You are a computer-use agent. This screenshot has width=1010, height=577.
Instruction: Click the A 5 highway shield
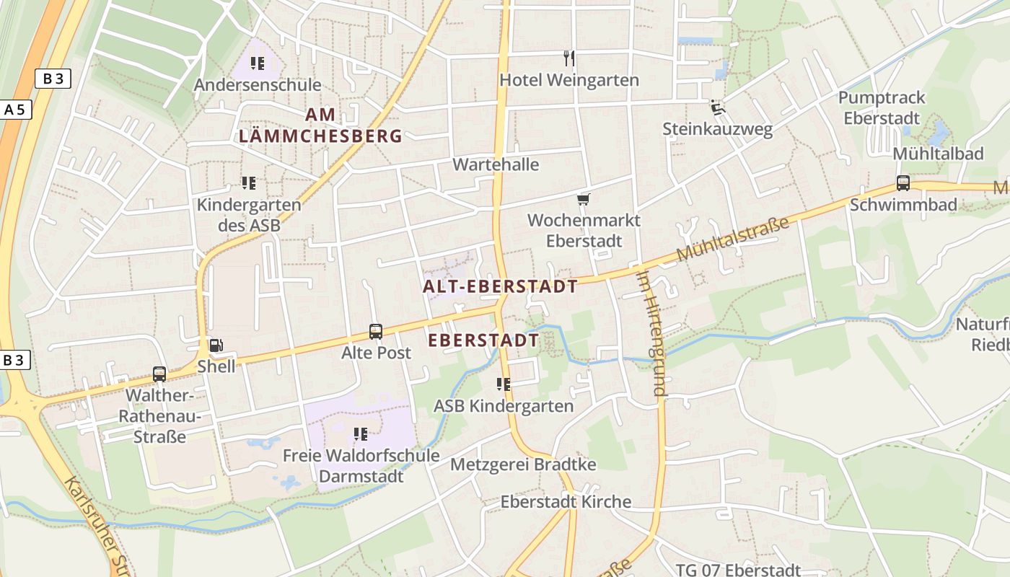click(14, 110)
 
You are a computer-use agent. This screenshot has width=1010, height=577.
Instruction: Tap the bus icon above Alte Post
click(376, 332)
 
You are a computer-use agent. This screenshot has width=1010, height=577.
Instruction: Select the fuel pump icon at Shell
click(215, 346)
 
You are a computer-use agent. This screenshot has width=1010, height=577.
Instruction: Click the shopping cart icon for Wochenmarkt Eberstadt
click(583, 199)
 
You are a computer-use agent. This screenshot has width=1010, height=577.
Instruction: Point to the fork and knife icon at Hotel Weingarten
click(569, 58)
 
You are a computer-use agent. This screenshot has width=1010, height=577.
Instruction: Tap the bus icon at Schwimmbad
click(903, 183)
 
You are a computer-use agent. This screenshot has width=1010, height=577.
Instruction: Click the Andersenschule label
click(258, 85)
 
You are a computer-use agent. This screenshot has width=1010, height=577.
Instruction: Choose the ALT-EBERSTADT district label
click(500, 287)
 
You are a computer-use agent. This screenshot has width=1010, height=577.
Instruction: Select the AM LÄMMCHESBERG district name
click(320, 125)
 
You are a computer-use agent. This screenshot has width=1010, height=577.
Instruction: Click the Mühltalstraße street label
click(733, 239)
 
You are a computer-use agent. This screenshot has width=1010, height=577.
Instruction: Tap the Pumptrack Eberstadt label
click(882, 107)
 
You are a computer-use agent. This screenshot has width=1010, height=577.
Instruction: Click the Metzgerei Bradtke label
click(523, 464)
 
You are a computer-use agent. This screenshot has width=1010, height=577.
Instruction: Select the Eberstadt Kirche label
click(566, 502)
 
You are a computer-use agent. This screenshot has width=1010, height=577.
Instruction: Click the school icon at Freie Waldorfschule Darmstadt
click(360, 434)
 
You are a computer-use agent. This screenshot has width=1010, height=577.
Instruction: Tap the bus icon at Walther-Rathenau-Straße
click(159, 374)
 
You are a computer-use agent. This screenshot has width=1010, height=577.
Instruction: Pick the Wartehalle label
click(496, 164)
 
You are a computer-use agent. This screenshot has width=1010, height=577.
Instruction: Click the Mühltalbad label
click(938, 154)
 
